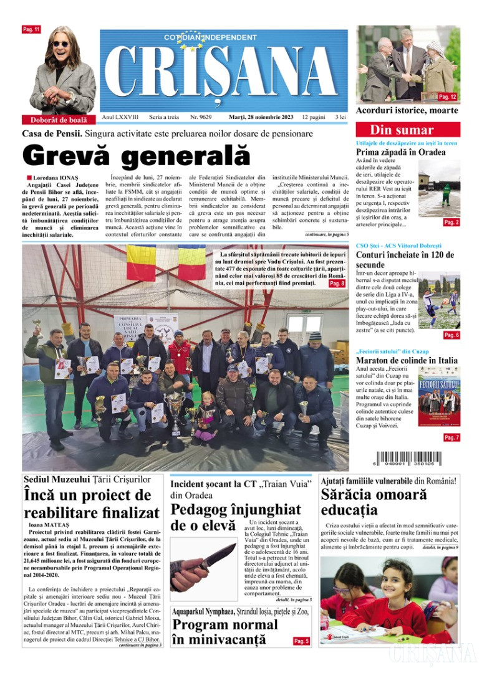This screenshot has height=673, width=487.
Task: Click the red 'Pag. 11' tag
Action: (x=31, y=29)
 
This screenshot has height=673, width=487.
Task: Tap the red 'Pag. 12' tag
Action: (x=448, y=97)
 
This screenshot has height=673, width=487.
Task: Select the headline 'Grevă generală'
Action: (x=136, y=156)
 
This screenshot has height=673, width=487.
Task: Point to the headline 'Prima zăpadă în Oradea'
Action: (x=400, y=152)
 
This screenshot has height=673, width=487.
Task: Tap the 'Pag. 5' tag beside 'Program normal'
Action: (x=301, y=641)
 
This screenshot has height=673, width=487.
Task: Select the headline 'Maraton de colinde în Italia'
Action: (x=407, y=360)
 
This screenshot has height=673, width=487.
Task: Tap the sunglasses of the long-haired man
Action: (x=61, y=44)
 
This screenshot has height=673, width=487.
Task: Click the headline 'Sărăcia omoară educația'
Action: (x=374, y=504)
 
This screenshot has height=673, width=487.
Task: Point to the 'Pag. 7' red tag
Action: (x=451, y=438)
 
